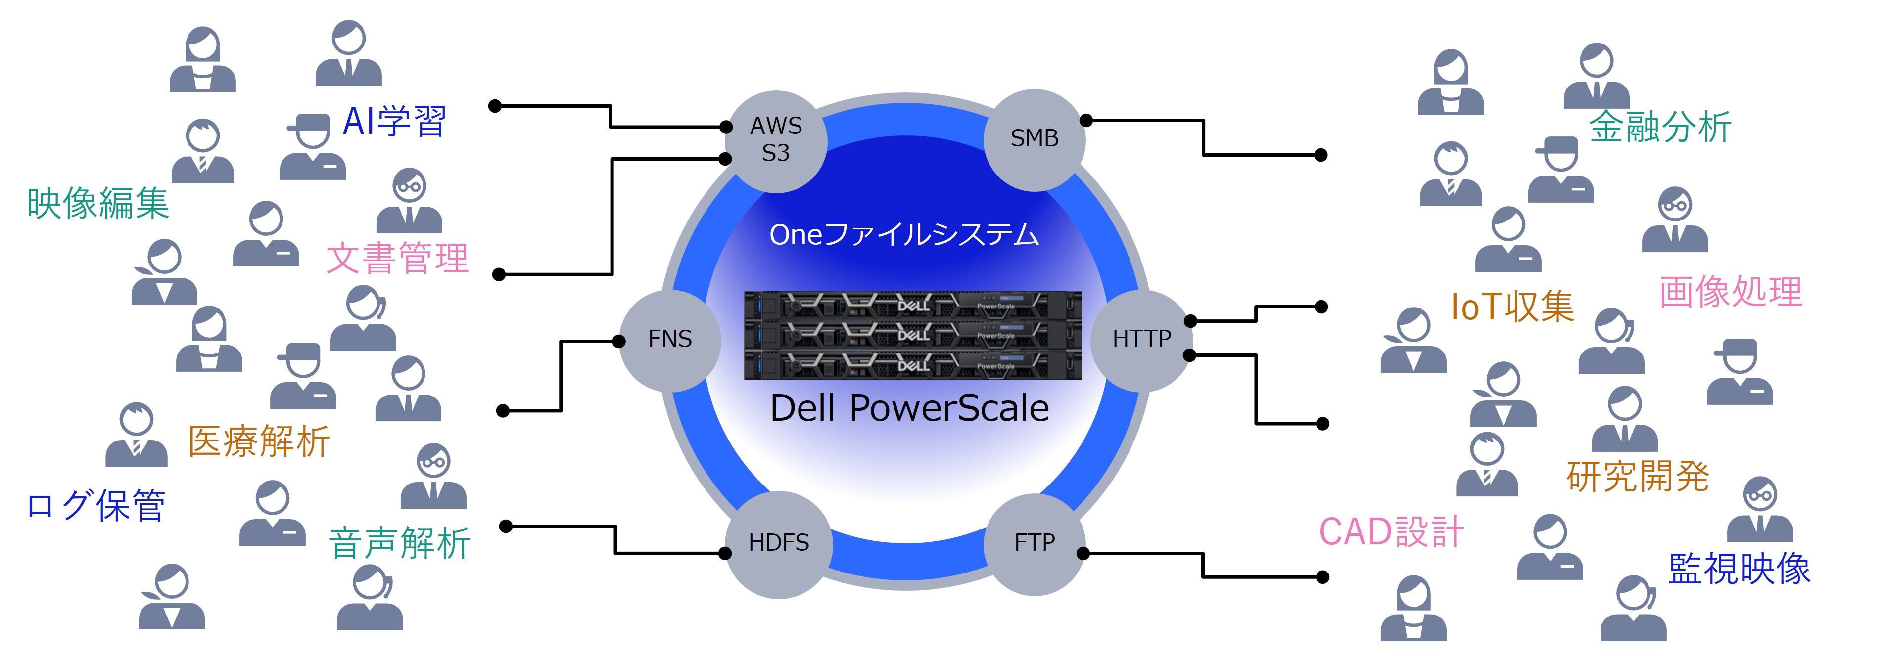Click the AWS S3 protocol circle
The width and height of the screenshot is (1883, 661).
776,140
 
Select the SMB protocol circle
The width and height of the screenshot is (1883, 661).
1035,139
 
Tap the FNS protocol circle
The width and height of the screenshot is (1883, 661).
669,340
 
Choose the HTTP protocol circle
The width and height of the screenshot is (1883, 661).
1141,340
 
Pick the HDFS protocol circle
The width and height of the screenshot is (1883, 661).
779,543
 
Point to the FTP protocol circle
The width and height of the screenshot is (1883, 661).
1035,543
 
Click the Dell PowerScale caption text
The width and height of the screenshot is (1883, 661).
909,408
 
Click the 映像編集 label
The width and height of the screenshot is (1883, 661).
98,203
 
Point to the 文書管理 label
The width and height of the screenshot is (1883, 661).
397,259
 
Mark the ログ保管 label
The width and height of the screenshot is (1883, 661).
96,505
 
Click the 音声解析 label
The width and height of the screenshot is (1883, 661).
399,543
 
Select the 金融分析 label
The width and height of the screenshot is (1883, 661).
1659,127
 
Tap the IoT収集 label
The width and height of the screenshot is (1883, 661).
1511,307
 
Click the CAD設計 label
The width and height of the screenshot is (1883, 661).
1391,532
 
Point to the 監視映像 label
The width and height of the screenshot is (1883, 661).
1739,569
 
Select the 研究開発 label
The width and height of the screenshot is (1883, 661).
1638,477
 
